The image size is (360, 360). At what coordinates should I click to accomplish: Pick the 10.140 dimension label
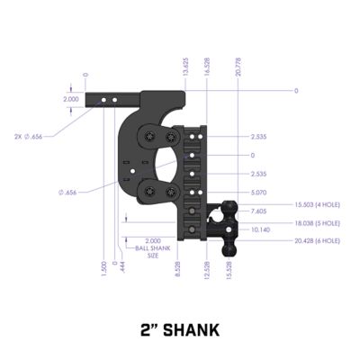click(x=261, y=229)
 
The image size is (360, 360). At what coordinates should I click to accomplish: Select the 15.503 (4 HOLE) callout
click(x=315, y=206)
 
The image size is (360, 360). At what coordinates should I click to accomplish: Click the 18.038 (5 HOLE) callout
click(x=315, y=223)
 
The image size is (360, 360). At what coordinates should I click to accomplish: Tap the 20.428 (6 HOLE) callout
click(x=315, y=240)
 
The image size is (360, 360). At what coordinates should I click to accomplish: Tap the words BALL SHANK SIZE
click(x=153, y=247)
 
